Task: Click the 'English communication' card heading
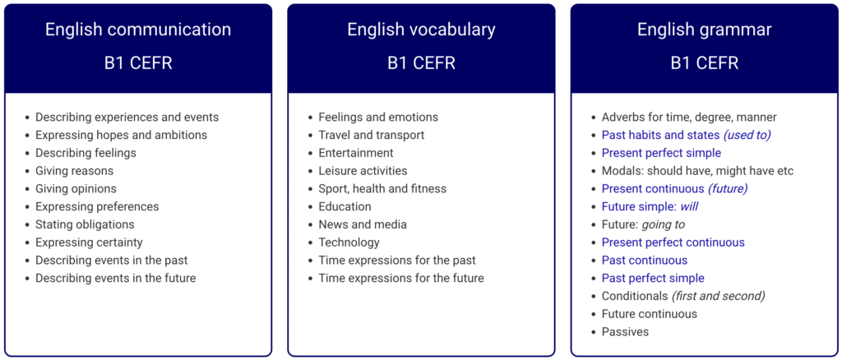click(138, 30)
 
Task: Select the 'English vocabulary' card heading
click(421, 30)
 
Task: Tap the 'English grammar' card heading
click(705, 30)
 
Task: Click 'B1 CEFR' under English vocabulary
click(421, 62)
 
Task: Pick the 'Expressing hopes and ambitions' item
click(122, 135)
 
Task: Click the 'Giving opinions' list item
click(76, 189)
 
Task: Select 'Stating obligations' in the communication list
click(85, 224)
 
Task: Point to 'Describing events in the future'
click(115, 278)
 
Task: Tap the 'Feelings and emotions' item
click(378, 117)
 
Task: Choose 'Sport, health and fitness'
click(382, 189)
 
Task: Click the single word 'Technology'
click(349, 242)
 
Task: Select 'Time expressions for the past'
click(397, 261)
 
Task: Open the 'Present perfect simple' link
click(661, 153)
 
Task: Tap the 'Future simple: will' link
click(650, 206)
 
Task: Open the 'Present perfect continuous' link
click(673, 242)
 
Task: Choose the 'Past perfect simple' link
click(652, 278)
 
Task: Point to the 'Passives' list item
click(625, 331)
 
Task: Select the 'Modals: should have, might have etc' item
click(697, 171)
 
